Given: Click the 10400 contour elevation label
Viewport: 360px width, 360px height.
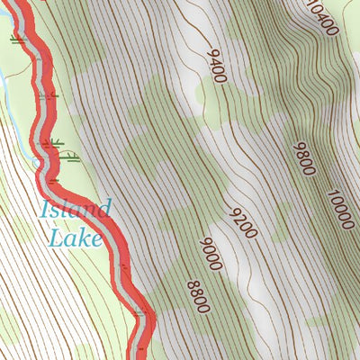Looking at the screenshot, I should point(322,17).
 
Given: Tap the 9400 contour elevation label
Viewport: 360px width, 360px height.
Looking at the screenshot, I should point(216,67).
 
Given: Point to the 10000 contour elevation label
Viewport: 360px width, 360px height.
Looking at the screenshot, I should point(341,210).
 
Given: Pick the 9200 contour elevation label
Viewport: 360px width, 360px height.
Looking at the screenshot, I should point(244,222).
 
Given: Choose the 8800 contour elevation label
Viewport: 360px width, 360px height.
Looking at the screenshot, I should point(198,296).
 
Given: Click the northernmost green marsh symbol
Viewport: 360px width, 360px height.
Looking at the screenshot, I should point(16,40).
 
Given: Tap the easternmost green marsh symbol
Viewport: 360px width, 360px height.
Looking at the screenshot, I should point(73,157).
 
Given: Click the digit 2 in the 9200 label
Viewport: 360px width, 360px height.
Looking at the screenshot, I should point(238,217).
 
